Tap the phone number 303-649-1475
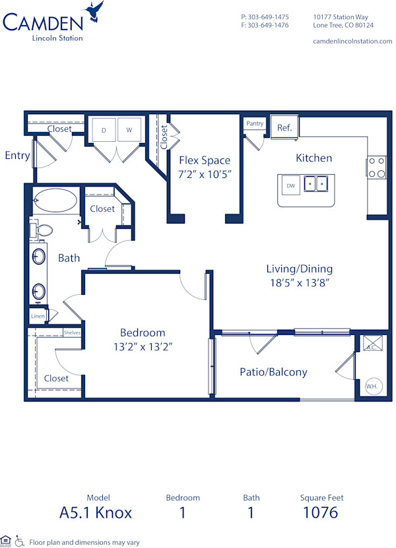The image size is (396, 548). coord(265,16)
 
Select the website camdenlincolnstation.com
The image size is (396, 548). coord(352,41)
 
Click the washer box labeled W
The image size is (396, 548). coord(129,131)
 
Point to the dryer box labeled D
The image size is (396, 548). coord(104,131)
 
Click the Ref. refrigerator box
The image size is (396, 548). coord(284,127)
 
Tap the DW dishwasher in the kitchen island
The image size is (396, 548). coord(290,185)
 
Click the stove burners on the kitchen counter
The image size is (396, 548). coord(376,167)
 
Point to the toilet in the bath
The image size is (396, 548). coord(43,229)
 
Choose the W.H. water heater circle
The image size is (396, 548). coord(371,385)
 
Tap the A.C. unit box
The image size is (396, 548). coord(370,346)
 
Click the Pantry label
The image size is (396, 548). coord(255,123)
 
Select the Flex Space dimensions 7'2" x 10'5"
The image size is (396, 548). coord(204,175)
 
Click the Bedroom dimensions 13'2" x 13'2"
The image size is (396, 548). coord(142,346)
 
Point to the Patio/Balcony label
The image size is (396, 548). coord(273,372)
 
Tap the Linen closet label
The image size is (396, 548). coord(38,317)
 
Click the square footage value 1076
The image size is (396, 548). coord(320,512)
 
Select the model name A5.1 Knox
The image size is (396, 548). coord(96,512)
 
